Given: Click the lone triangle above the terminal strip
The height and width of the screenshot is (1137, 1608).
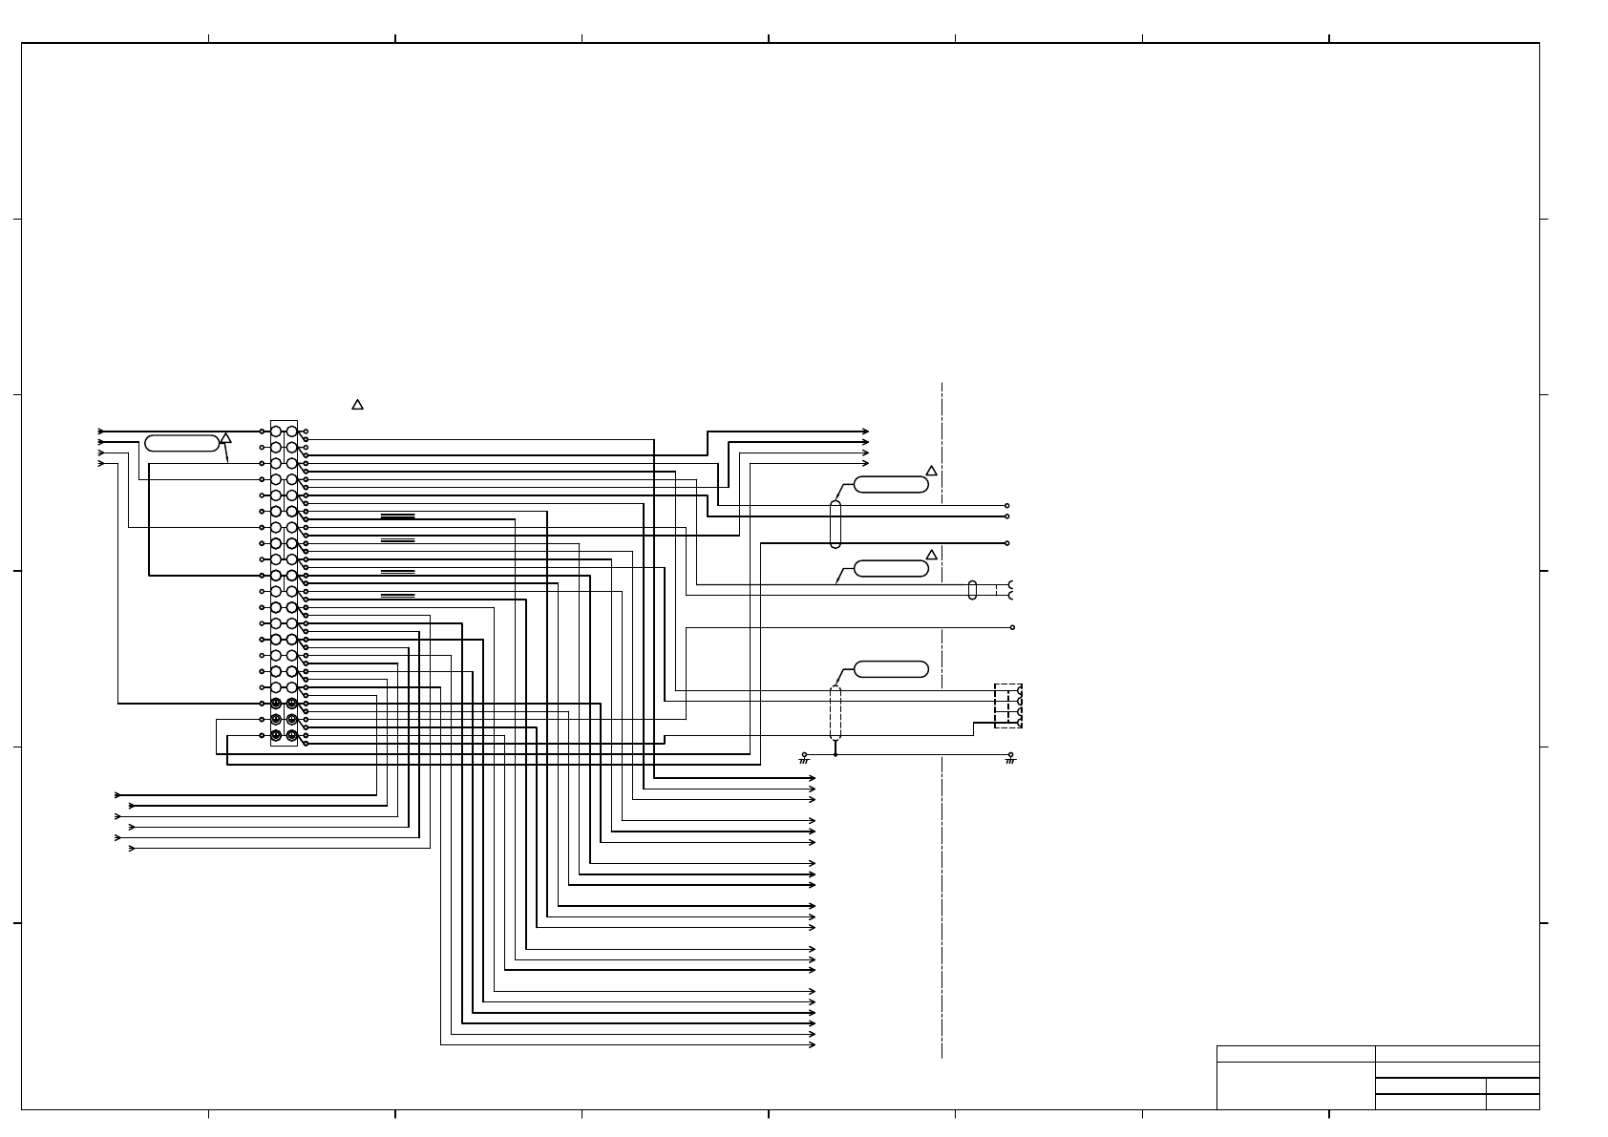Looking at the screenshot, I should click(x=357, y=405).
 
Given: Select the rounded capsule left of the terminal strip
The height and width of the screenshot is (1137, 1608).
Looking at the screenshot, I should click(x=181, y=443).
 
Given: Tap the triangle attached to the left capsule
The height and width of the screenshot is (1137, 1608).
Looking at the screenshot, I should click(x=226, y=438).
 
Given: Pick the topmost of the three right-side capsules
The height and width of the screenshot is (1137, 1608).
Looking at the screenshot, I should click(x=891, y=484).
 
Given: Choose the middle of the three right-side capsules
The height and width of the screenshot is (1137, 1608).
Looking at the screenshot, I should click(x=891, y=569).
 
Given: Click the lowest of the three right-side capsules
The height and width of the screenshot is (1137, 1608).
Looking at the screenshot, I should click(x=891, y=669).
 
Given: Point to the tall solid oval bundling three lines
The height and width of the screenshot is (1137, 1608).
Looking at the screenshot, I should click(x=836, y=524).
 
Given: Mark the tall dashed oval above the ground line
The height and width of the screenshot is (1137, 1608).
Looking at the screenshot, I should click(x=836, y=712).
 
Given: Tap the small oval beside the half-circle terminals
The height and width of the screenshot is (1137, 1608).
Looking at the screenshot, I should click(x=972, y=590).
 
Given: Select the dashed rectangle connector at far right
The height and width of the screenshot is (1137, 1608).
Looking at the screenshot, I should click(x=1007, y=706).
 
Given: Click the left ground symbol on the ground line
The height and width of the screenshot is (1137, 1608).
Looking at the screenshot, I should click(x=804, y=758).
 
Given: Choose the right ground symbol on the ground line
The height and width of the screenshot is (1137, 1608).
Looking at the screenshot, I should click(x=1010, y=758).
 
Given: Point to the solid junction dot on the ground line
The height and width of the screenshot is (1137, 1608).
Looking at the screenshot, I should click(x=836, y=754).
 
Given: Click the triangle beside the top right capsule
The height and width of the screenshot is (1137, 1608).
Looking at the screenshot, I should click(x=931, y=471).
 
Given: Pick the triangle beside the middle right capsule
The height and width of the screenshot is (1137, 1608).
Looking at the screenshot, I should click(x=931, y=555).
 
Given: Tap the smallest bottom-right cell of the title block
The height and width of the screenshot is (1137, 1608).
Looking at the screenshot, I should click(x=1513, y=1102).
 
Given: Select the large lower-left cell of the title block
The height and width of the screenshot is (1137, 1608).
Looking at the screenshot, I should click(x=1295, y=1085).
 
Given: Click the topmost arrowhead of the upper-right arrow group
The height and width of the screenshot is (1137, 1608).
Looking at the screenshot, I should click(x=865, y=432).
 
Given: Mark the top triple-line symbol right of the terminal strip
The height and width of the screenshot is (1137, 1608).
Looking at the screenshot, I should click(x=397, y=516).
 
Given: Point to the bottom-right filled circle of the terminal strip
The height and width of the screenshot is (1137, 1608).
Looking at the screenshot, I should click(x=291, y=735).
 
